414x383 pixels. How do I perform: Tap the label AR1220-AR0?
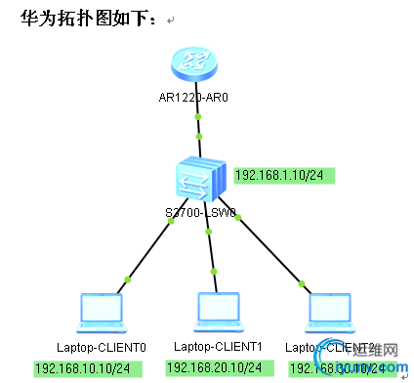pyautogui.click(x=199, y=98)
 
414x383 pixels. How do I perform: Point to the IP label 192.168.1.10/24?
pyautogui.click(x=283, y=175)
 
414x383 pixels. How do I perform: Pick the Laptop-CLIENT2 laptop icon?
pyautogui.click(x=328, y=312)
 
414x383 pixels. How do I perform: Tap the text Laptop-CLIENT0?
pyautogui.click(x=101, y=347)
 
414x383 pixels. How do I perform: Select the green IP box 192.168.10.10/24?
pyautogui.click(x=87, y=368)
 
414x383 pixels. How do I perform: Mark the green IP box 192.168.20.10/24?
pyautogui.click(x=214, y=367)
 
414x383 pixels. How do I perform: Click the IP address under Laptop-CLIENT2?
pyautogui.click(x=337, y=368)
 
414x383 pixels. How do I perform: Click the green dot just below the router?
pyautogui.click(x=199, y=116)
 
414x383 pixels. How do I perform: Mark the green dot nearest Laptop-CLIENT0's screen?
pyautogui.click(x=127, y=282)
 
